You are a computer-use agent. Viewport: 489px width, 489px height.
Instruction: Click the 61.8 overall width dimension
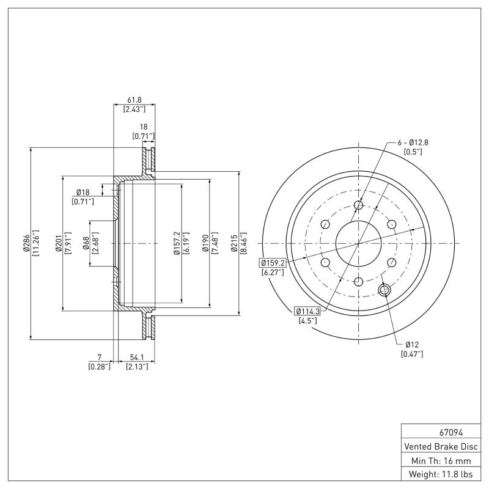click(x=133, y=99)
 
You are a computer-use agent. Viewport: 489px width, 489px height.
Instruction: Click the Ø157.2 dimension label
click(x=177, y=243)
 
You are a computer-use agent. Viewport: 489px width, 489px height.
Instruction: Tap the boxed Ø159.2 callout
click(x=273, y=263)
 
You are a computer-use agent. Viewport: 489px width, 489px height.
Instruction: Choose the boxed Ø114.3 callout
click(x=307, y=310)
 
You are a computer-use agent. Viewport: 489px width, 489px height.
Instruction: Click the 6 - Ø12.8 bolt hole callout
click(x=413, y=142)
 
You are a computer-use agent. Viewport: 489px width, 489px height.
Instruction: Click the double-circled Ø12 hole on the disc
click(x=385, y=290)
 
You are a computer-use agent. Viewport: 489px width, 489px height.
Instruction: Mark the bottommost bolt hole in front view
click(x=358, y=282)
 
